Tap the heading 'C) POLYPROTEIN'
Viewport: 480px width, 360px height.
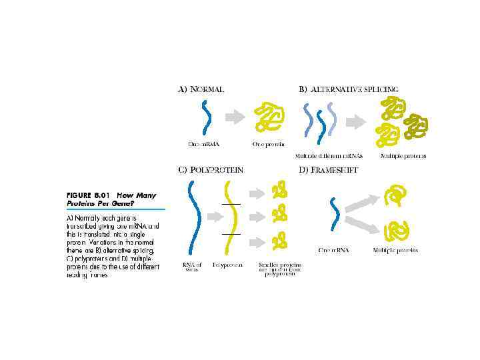click(210, 170)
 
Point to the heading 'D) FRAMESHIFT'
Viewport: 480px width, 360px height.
click(328, 170)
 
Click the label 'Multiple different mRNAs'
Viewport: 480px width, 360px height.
click(324, 156)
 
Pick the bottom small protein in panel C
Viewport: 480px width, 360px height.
click(280, 239)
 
